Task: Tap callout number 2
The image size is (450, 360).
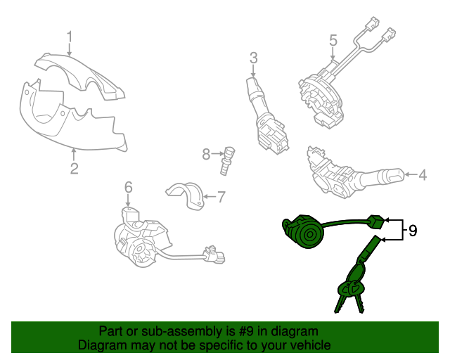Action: [x=74, y=169]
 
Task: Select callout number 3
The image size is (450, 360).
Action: [x=253, y=58]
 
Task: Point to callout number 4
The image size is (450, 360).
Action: [x=423, y=175]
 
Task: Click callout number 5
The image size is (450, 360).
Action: [x=333, y=41]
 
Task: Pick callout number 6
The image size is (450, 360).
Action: [x=128, y=187]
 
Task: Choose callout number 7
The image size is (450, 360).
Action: [x=221, y=197]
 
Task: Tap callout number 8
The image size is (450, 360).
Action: [x=206, y=154]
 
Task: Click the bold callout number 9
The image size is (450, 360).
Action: [x=413, y=231]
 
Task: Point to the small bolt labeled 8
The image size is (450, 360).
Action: [x=227, y=161]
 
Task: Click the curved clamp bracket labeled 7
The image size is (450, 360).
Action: [x=186, y=195]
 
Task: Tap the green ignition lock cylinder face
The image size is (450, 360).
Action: [x=309, y=236]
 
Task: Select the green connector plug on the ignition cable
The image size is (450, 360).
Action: [x=376, y=221]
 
